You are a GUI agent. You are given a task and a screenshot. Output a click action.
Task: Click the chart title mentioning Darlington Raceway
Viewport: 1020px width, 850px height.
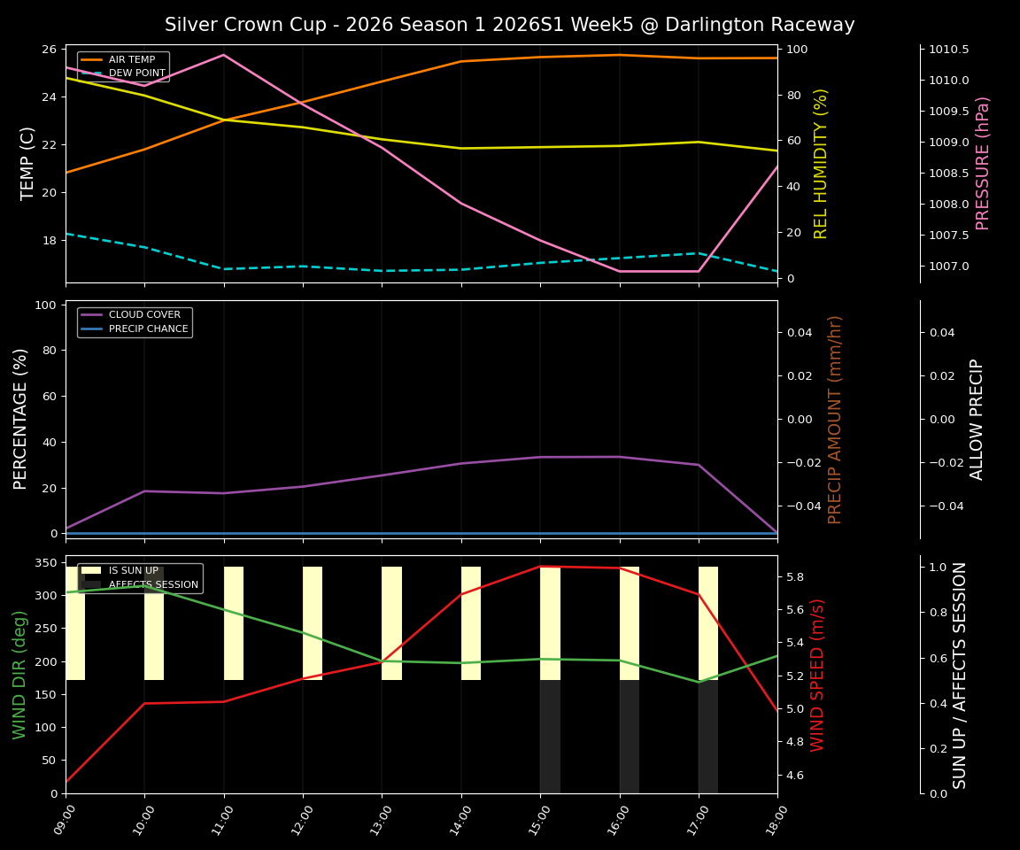(509, 25)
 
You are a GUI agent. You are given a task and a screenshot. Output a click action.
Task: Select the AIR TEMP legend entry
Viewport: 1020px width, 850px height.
(131, 59)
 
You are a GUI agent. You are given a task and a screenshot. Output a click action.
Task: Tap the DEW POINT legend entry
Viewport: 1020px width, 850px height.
(136, 73)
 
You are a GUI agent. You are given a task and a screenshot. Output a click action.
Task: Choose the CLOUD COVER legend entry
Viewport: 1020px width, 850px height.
(144, 314)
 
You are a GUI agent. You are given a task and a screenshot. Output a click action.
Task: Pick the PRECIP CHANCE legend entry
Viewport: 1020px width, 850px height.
(148, 328)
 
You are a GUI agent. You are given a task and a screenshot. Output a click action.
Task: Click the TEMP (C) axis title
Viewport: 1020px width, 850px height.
(28, 163)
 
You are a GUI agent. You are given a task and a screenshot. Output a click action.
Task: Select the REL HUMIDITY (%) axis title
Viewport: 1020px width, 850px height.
(821, 163)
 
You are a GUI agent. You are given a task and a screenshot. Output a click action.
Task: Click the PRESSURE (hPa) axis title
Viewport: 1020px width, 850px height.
(983, 163)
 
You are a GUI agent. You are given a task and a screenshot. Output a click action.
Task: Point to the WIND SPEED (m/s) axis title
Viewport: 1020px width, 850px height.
(817, 674)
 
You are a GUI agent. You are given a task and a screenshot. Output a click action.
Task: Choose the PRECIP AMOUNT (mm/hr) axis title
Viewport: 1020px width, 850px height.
(835, 419)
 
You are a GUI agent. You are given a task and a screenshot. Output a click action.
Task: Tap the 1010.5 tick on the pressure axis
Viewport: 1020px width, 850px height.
(949, 50)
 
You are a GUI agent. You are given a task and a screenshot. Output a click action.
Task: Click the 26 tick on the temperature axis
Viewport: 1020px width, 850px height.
(50, 50)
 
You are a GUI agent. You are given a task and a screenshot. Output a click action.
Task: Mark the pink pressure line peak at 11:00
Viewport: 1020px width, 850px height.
(224, 55)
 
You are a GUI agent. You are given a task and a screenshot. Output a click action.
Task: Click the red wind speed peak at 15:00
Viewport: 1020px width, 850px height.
(540, 567)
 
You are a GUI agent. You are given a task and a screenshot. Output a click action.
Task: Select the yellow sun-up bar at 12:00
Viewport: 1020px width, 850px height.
(313, 623)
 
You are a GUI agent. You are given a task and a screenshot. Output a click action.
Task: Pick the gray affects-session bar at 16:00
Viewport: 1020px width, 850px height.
(630, 737)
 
